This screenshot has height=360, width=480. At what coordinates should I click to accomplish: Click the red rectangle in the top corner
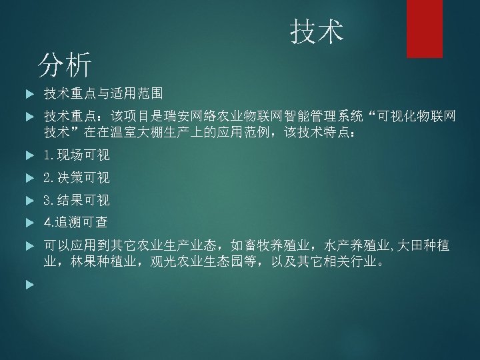425,29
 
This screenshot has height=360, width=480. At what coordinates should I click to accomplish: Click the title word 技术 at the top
317,31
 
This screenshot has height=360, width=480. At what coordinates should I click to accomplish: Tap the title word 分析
65,65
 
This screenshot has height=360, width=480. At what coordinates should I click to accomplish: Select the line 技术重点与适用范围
103,93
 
